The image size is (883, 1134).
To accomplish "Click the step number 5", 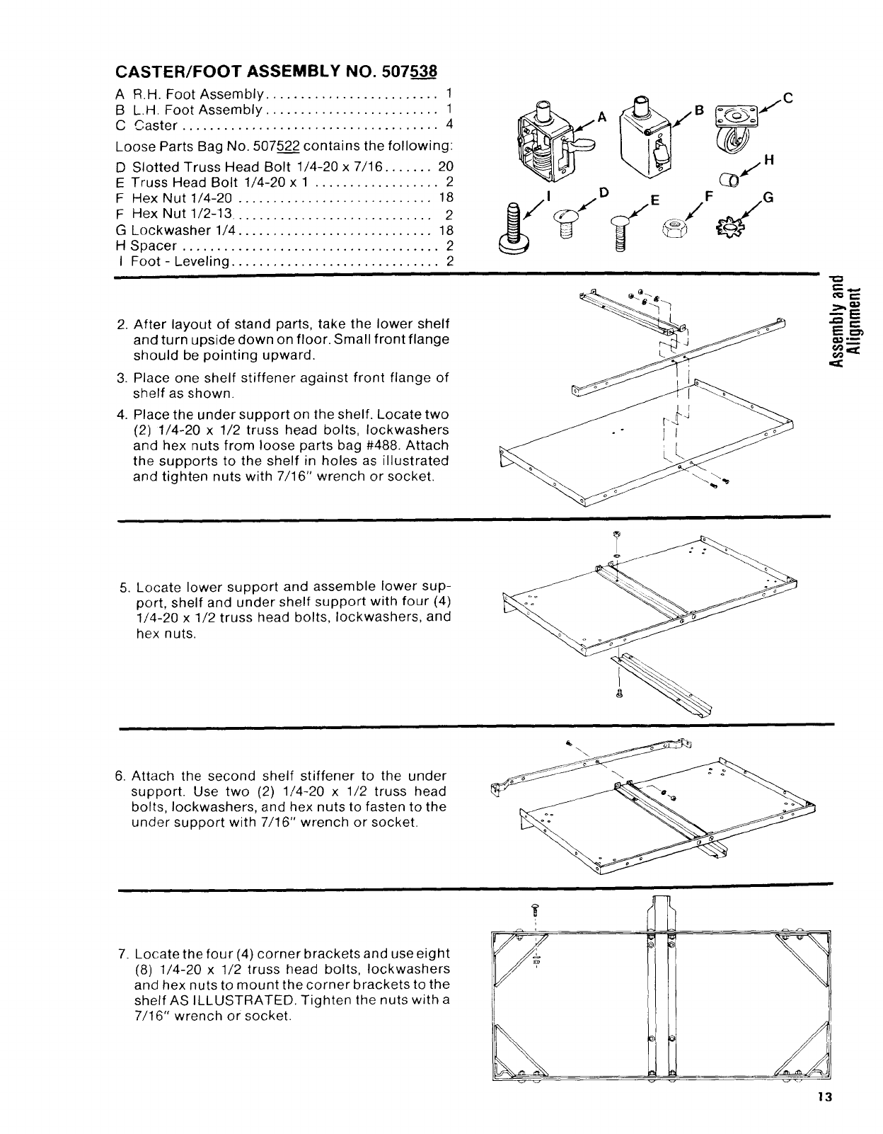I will click(x=125, y=588).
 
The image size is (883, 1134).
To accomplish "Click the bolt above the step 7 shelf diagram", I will click(x=536, y=910).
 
